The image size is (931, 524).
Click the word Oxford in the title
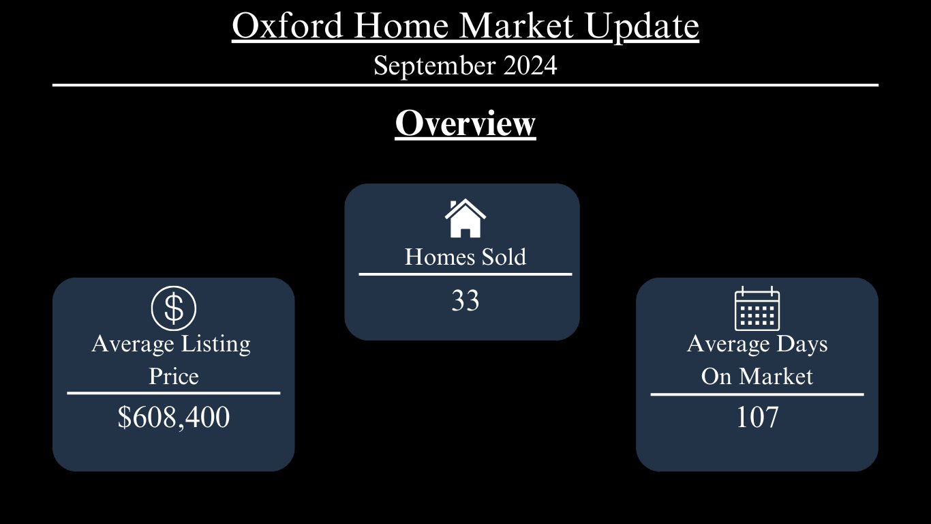pyautogui.click(x=287, y=26)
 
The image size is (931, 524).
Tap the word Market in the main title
pyautogui.click(x=517, y=26)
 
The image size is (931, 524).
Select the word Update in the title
pyautogui.click(x=642, y=28)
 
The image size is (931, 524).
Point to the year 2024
pyautogui.click(x=530, y=65)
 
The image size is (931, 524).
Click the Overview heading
pyautogui.click(x=465, y=123)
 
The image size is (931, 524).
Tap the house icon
pyautogui.click(x=465, y=218)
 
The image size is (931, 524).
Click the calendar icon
pyautogui.click(x=757, y=308)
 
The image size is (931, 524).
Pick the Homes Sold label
pyautogui.click(x=465, y=257)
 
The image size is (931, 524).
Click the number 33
pyautogui.click(x=465, y=300)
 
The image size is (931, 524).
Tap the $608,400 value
pyautogui.click(x=174, y=417)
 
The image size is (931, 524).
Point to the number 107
pyautogui.click(x=757, y=417)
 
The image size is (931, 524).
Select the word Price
pyautogui.click(x=174, y=376)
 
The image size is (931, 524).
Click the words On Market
pyautogui.click(x=757, y=376)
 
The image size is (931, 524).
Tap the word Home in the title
pyautogui.click(x=401, y=26)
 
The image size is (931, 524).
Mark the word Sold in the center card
pyautogui.click(x=504, y=257)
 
